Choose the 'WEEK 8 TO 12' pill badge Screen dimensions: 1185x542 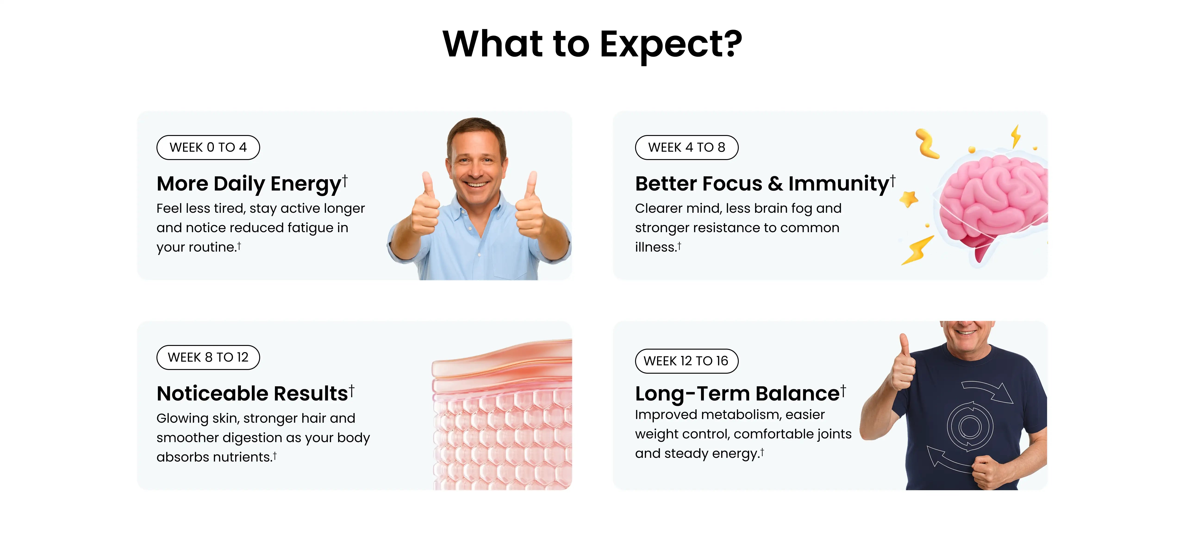[208, 357]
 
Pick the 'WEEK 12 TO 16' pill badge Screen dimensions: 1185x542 [686, 361]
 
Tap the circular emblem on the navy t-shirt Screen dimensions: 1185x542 [970, 427]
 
